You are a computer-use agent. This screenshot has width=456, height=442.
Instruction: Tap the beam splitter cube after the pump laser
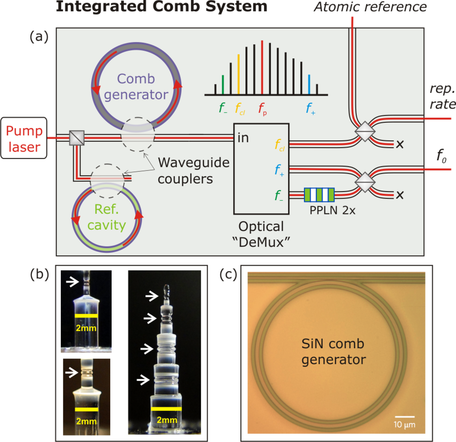pos(76,138)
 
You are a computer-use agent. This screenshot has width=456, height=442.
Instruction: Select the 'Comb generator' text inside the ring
pos(136,86)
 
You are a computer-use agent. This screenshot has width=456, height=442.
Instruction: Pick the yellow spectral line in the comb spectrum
pos(238,74)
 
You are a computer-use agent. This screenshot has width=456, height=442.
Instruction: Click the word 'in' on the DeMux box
pos(243,138)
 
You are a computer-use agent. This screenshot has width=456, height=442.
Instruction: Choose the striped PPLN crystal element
pos(319,195)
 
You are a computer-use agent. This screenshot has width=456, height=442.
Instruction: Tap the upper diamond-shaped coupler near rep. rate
pos(366,131)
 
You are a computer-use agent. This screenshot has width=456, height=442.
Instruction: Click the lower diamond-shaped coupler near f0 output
pos(366,182)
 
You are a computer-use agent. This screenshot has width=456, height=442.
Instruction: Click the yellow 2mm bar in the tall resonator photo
pos(166,408)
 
